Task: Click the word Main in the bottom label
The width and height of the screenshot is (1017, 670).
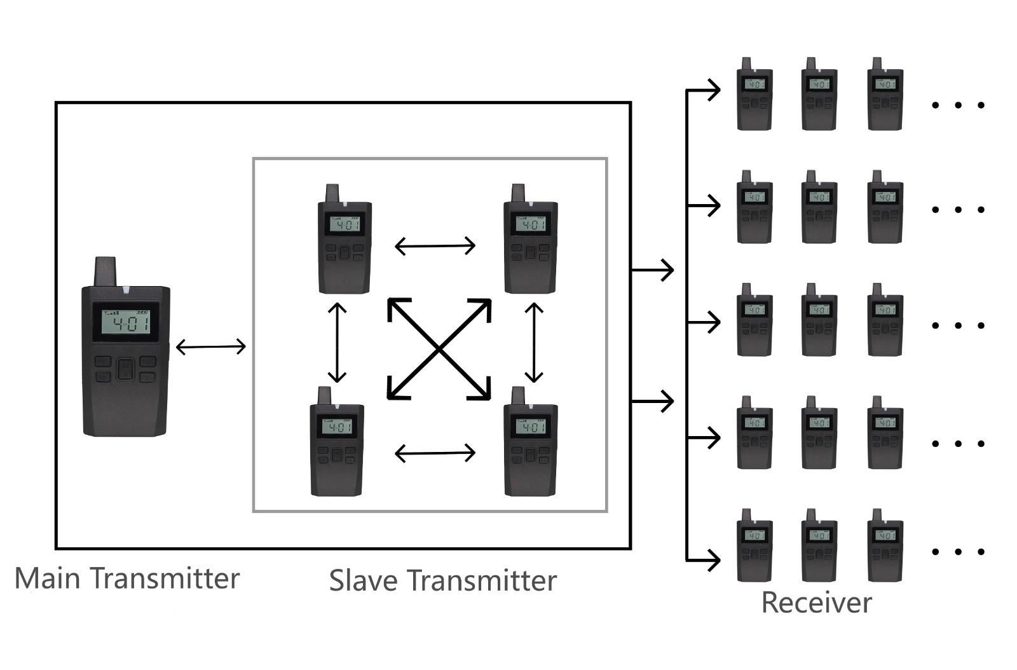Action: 48,578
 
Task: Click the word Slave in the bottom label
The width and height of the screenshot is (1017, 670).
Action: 364,580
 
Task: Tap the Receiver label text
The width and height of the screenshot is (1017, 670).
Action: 816,603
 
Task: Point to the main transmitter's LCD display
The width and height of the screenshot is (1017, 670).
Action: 126,322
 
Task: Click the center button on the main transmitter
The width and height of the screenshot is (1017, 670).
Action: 126,369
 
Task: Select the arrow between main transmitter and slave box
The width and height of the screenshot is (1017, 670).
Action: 210,346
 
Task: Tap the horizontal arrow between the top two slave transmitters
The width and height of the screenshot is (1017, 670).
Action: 435,245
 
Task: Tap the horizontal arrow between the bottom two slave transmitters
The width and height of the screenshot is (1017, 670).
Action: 435,453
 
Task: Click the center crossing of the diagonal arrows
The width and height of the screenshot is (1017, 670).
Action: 439,349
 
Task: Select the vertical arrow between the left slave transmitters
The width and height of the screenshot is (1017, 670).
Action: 337,342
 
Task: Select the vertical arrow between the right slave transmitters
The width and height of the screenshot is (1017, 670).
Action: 534,342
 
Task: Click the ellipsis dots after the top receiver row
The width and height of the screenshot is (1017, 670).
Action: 958,105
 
